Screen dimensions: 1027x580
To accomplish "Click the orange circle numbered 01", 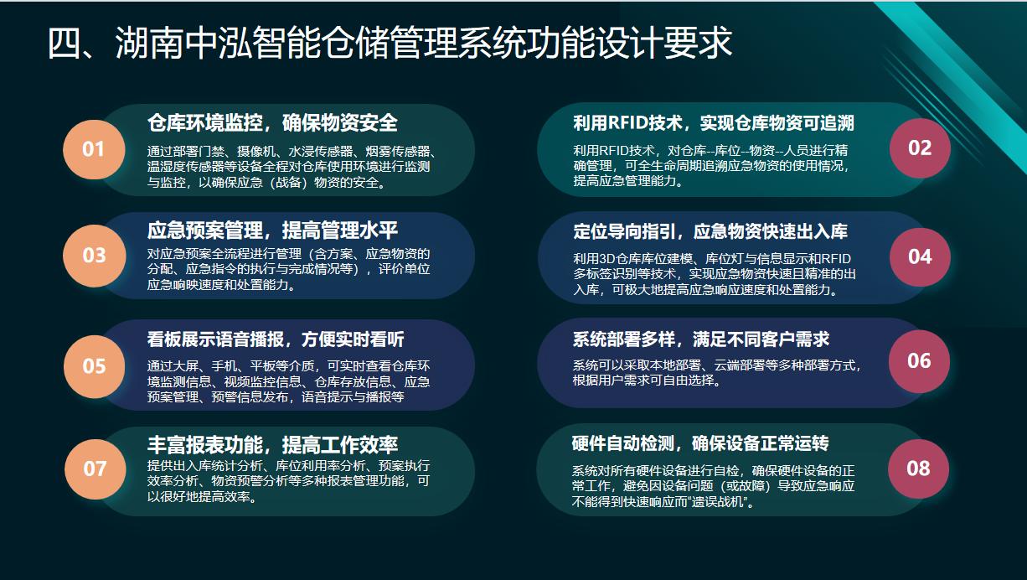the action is pyautogui.click(x=94, y=149).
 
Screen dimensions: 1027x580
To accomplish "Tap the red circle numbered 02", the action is pyautogui.click(x=920, y=148).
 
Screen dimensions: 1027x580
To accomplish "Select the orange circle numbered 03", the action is pyautogui.click(x=94, y=256).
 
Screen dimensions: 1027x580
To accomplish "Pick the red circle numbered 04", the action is pyautogui.click(x=920, y=257).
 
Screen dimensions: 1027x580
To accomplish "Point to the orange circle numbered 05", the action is pyautogui.click(x=94, y=366).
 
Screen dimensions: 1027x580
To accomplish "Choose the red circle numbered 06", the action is pyautogui.click(x=919, y=361).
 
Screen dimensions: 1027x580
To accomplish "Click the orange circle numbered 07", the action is pyautogui.click(x=95, y=469).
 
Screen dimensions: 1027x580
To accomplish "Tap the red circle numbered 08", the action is pyautogui.click(x=918, y=469).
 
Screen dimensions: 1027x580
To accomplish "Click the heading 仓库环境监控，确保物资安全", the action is pyautogui.click(x=272, y=123).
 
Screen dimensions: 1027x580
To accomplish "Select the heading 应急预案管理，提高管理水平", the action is pyautogui.click(x=272, y=230).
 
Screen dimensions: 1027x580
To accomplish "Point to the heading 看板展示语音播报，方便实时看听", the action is pyautogui.click(x=276, y=339).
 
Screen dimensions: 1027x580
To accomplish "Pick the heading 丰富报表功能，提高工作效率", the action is pyautogui.click(x=272, y=444).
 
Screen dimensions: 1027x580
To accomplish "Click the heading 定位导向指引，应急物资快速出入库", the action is pyautogui.click(x=710, y=231).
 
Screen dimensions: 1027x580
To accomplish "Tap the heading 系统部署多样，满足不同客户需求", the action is pyautogui.click(x=701, y=339).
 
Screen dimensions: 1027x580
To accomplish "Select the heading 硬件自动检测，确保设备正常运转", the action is pyautogui.click(x=700, y=443).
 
